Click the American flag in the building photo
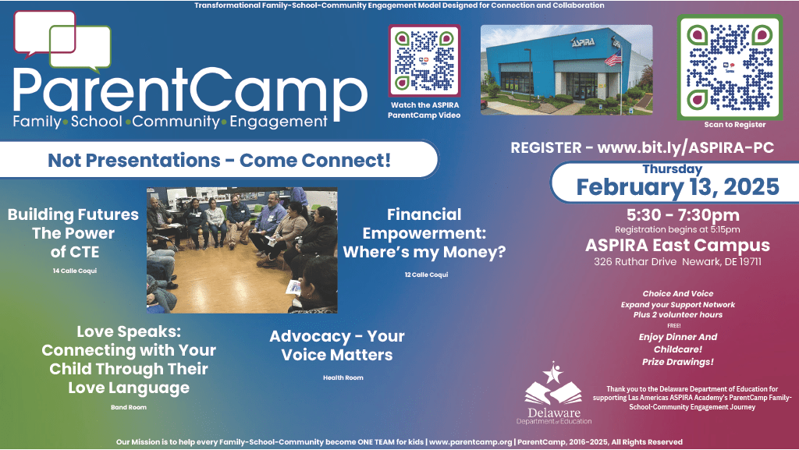[x=615, y=60]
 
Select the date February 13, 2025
[x=677, y=187]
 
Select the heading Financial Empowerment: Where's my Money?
[x=424, y=233]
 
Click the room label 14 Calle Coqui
[x=73, y=270]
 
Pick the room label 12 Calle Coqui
[x=426, y=275]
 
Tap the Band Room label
[x=129, y=407]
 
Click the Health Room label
[x=343, y=377]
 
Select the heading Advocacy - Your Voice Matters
[x=337, y=345]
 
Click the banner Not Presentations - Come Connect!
[x=219, y=161]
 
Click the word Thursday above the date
[x=672, y=168]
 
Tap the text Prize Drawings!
[x=677, y=362]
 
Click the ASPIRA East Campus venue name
[x=677, y=245]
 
